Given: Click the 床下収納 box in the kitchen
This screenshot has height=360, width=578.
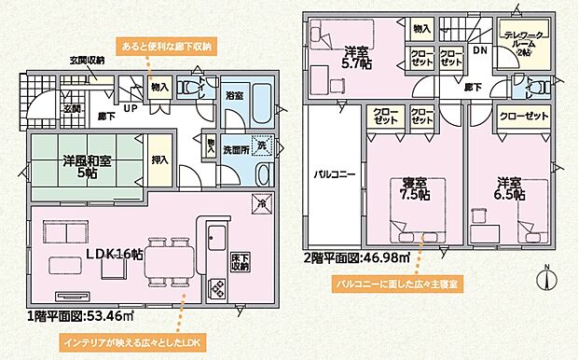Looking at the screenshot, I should (x=241, y=262).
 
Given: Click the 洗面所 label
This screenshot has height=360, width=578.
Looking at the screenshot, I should (x=237, y=148).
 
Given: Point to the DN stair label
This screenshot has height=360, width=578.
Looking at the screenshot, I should (x=479, y=51).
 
